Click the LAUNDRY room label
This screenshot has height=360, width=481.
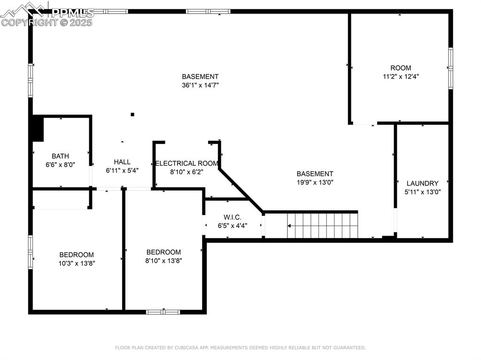tap(422, 183)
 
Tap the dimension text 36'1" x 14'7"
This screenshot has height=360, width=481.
tap(200, 85)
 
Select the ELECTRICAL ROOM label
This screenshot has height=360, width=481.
tap(186, 163)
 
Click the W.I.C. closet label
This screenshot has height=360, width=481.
tap(233, 217)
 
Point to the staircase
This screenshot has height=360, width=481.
tap(323, 225)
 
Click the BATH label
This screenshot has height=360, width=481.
tap(60, 156)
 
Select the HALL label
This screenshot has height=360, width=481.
tap(122, 162)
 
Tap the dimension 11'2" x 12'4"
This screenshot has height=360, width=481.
tap(401, 76)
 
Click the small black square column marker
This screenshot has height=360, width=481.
tap(132, 114)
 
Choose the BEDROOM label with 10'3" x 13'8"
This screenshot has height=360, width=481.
tap(76, 255)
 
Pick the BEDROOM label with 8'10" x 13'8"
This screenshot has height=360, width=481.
tap(163, 252)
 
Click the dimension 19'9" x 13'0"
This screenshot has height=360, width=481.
tap(315, 182)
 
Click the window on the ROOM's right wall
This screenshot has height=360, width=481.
tap(450, 68)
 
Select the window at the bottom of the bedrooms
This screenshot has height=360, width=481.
tap(163, 312)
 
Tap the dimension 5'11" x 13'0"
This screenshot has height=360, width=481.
tap(422, 191)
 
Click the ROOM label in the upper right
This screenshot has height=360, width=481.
tap(401, 68)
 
